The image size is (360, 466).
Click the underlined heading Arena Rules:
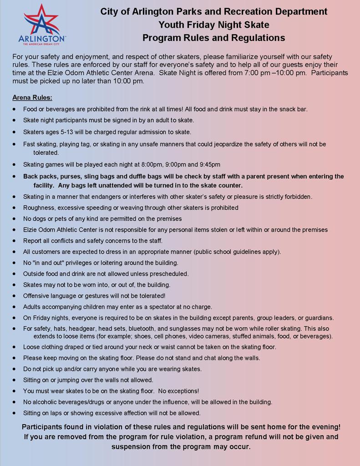32,97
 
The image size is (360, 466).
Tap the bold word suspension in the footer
132,446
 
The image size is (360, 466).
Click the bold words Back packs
40,176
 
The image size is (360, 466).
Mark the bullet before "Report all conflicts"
15,241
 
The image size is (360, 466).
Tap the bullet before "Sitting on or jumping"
15,380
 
